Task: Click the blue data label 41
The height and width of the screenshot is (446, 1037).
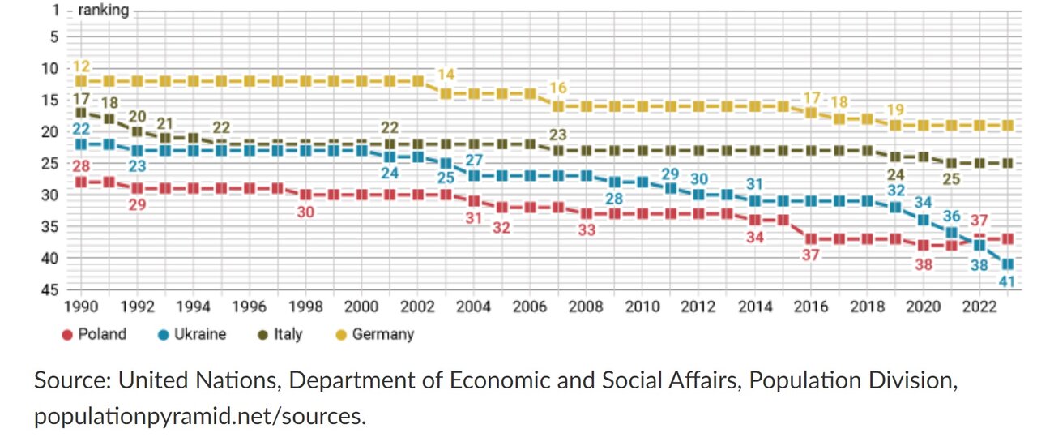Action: (1007, 282)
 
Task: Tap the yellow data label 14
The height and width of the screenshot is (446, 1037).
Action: (446, 75)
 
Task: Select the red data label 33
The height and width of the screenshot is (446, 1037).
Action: (586, 230)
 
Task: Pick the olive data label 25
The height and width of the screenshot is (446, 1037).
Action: (951, 179)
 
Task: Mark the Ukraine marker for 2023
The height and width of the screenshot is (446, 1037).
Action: (1007, 264)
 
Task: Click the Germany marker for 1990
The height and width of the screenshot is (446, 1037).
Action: (81, 81)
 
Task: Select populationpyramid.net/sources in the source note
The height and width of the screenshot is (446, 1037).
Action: (199, 417)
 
